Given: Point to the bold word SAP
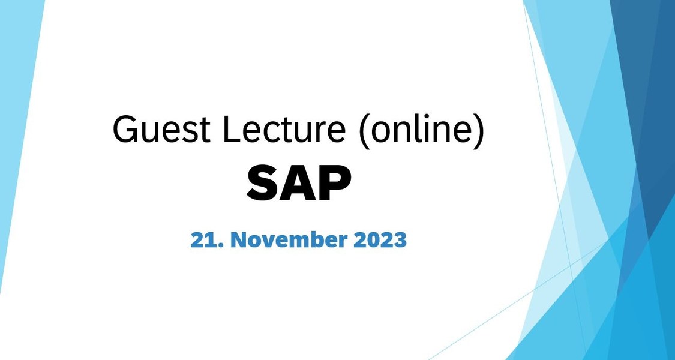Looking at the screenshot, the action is pos(299,184).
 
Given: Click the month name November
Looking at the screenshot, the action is pos(289,240).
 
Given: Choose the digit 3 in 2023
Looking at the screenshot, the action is pos(400,240).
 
